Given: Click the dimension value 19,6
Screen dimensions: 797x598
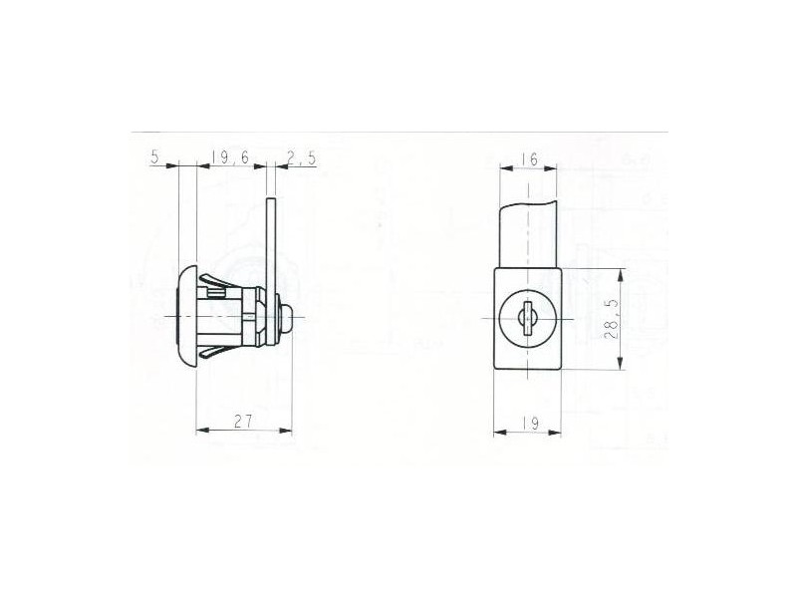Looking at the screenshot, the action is pyautogui.click(x=230, y=157).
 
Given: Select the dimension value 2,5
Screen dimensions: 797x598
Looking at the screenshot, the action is pyautogui.click(x=301, y=157).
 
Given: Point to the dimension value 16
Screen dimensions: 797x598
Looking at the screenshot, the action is pyautogui.click(x=529, y=159).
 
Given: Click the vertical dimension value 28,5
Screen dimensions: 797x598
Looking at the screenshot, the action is pyautogui.click(x=613, y=319).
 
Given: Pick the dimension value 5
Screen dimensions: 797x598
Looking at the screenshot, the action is pyautogui.click(x=155, y=156).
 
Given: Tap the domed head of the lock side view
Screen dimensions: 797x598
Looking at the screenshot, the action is pyautogui.click(x=186, y=316).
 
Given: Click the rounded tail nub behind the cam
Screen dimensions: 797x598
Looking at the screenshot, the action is pyautogui.click(x=286, y=318).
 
